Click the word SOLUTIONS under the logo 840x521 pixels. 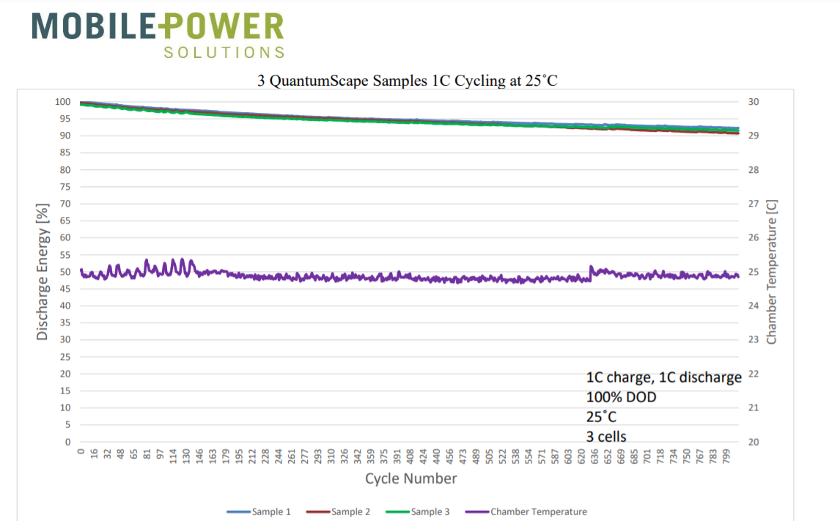(x=224, y=53)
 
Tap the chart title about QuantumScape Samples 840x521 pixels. (x=408, y=81)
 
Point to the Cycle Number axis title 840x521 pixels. (x=411, y=478)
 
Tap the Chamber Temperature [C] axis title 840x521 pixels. (x=771, y=272)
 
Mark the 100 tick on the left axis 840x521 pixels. (x=64, y=102)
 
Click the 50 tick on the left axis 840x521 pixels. (x=66, y=272)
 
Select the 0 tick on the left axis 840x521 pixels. (x=68, y=442)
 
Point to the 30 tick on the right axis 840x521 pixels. (x=754, y=102)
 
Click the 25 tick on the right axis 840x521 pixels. (x=754, y=272)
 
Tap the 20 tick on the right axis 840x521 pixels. (x=754, y=442)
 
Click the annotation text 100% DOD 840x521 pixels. (x=621, y=397)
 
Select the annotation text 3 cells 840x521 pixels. (x=606, y=437)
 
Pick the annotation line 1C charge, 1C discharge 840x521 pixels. (x=664, y=377)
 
